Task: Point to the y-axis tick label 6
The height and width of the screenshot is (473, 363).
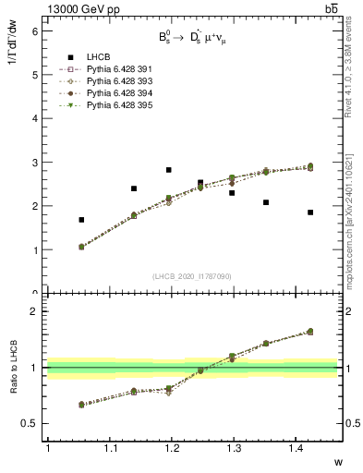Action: tap(34, 30)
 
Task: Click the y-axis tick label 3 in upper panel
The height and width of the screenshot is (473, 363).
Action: tap(34, 163)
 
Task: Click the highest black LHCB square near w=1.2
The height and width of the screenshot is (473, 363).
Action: tap(168, 170)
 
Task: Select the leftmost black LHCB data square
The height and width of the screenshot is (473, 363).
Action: tap(81, 220)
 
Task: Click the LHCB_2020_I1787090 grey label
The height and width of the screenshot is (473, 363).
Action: tap(192, 275)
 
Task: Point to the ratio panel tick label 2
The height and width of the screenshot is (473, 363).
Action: tap(34, 311)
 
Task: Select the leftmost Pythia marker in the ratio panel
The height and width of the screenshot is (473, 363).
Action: tap(81, 404)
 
